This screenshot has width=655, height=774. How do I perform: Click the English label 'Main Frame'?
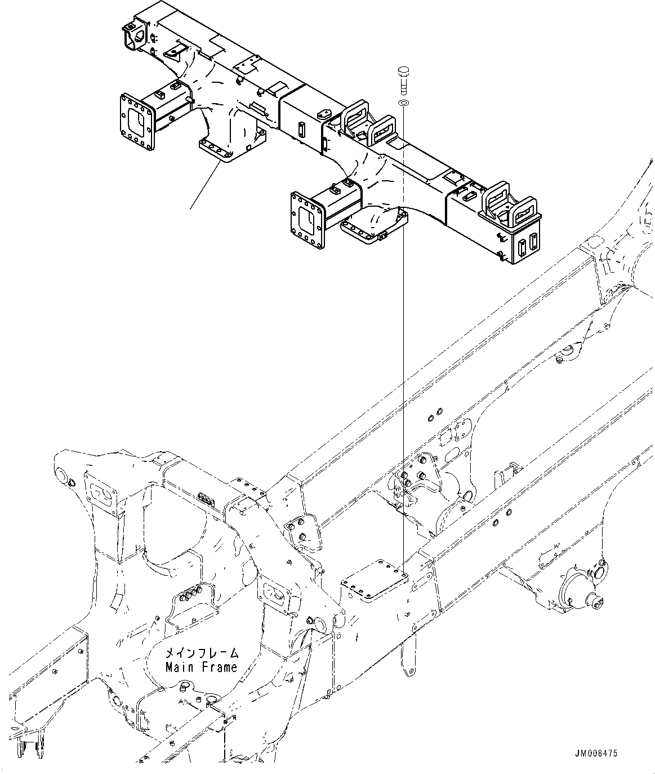point(201,668)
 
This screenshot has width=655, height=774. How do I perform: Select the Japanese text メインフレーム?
point(201,653)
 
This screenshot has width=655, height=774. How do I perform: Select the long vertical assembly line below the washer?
point(403,338)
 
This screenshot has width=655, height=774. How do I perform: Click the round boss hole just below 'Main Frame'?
point(185,688)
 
